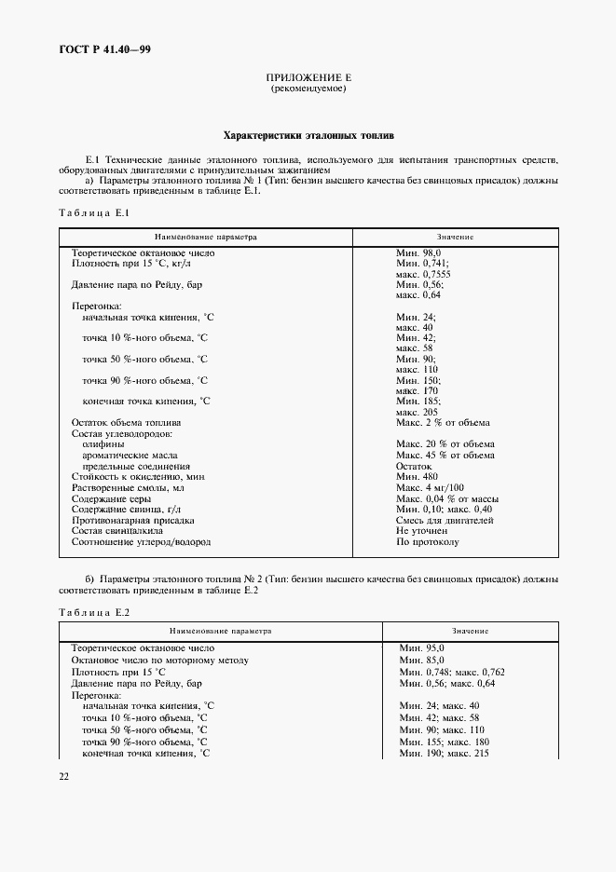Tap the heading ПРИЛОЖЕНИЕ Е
coord(308,78)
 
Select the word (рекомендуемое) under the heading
coord(308,89)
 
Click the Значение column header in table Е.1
coord(455,238)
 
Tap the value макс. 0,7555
coord(423,274)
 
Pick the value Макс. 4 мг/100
coord(430,487)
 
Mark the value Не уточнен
coord(422,530)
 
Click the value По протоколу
coord(427,541)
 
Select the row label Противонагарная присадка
coord(132,520)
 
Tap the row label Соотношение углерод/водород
coord(141,541)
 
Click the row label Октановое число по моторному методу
coord(159,660)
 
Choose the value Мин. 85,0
coord(422,660)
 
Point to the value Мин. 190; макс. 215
coord(444,752)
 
